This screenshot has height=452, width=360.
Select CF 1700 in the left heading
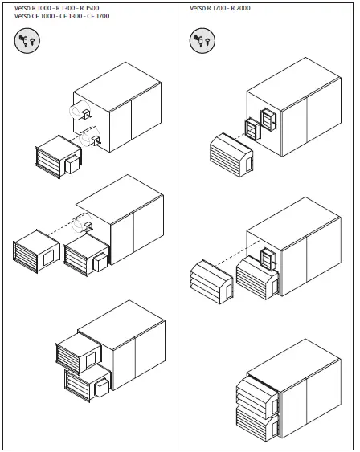click(x=96, y=15)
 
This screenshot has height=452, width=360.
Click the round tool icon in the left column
click(x=26, y=41)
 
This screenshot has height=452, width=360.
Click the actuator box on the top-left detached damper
click(x=71, y=164)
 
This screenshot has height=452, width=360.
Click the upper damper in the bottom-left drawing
click(x=77, y=351)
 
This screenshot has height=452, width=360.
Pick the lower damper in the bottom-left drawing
click(x=85, y=383)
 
